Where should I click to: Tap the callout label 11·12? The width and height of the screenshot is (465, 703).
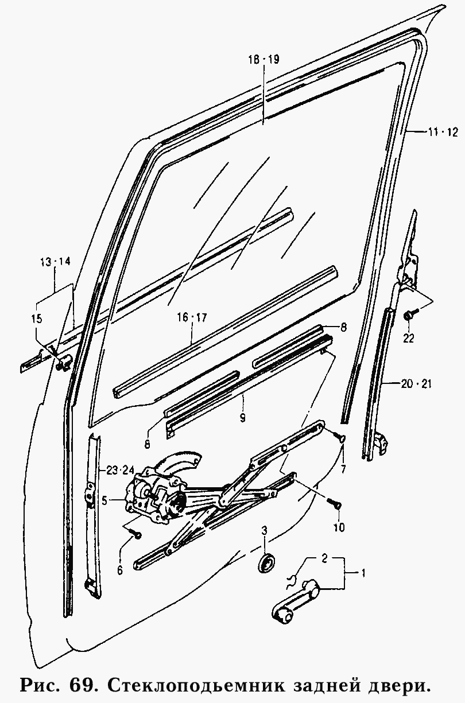point(443,132)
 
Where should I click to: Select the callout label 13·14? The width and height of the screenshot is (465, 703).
point(55,262)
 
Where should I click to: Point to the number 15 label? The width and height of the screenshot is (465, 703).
point(37,319)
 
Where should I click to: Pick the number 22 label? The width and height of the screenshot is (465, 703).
point(408,338)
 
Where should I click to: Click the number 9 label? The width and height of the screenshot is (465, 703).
point(242,418)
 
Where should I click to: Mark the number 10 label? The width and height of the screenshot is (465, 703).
point(339,527)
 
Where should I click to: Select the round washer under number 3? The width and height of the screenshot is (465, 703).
point(265,563)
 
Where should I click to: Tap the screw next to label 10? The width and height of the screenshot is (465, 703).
point(335,504)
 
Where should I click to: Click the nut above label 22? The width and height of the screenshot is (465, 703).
point(408,315)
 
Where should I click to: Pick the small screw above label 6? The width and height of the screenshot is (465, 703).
point(137,535)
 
